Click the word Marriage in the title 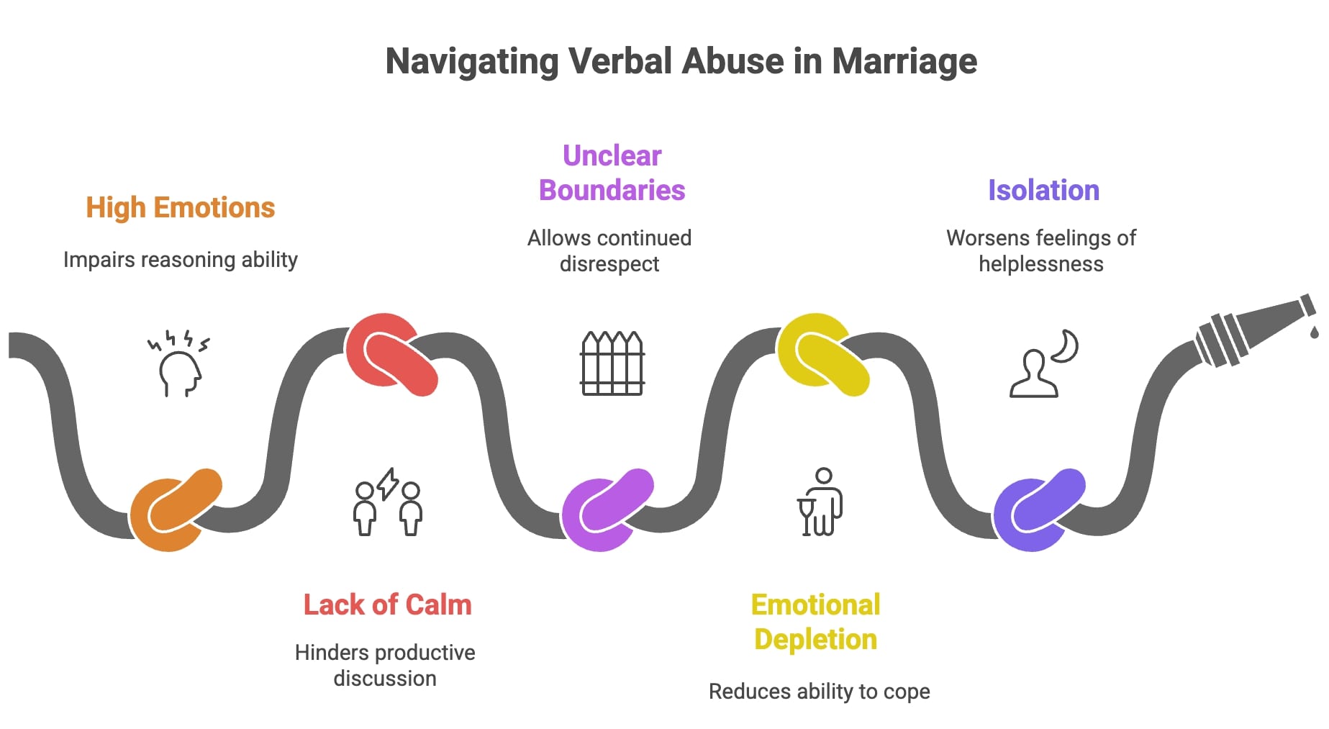tap(904, 61)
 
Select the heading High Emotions tap(180, 208)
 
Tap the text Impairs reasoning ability tap(180, 260)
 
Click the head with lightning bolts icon tap(178, 364)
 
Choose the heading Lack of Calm tap(387, 605)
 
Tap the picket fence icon tap(612, 363)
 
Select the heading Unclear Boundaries tap(612, 173)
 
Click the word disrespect tap(609, 264)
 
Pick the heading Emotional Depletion tap(815, 622)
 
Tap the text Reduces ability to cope tap(819, 692)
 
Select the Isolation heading tap(1043, 191)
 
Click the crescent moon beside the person tap(1066, 346)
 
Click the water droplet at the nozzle tap(1315, 332)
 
